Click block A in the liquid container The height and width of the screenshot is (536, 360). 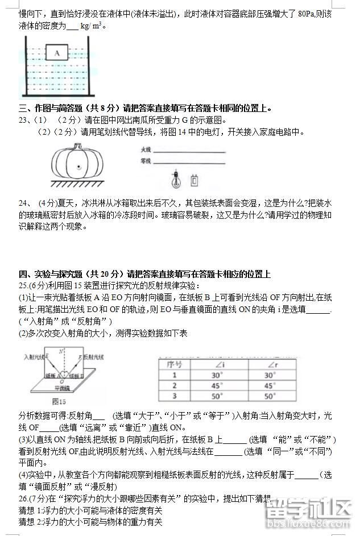tap(57, 53)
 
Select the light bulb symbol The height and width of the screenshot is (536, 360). tap(176, 180)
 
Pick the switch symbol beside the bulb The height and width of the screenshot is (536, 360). tap(195, 180)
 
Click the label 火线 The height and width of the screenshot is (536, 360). tap(146, 149)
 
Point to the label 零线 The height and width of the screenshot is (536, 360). tap(146, 161)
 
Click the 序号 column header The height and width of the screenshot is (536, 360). tap(173, 364)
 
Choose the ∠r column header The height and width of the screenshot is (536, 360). tap(270, 364)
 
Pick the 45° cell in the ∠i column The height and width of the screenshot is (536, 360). tap(217, 385)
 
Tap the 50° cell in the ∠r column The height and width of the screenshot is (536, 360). tap(270, 396)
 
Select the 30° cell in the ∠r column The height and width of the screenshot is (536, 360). tap(270, 375)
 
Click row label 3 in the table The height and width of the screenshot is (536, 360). tap(174, 396)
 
